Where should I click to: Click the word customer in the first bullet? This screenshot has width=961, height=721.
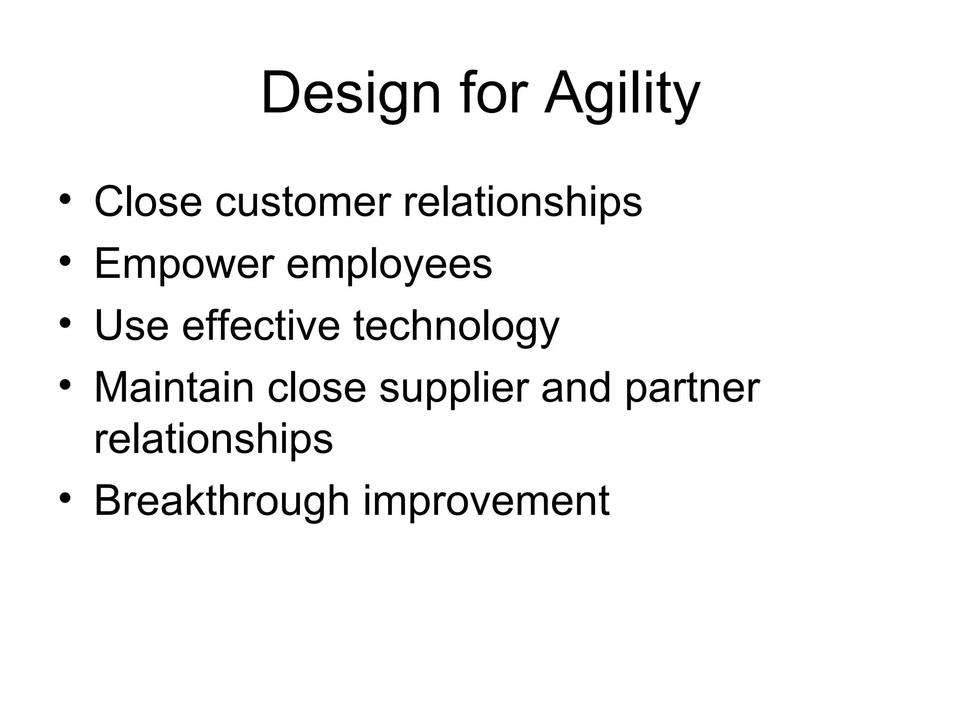(x=303, y=202)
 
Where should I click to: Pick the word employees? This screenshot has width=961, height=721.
(x=389, y=264)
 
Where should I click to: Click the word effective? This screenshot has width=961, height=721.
(x=260, y=326)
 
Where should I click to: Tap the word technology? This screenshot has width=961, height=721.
(x=456, y=326)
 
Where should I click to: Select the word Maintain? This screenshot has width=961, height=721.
(x=174, y=388)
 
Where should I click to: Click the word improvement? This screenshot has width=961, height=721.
(x=486, y=500)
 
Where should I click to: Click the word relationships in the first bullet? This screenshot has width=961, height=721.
(x=522, y=202)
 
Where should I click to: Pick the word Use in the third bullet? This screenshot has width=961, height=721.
(x=131, y=326)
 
